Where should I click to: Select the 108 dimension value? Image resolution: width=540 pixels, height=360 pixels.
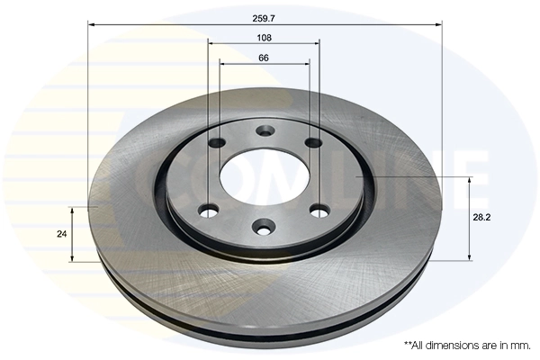coord(265,38)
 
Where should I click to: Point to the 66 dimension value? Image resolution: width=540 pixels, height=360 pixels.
coord(265,58)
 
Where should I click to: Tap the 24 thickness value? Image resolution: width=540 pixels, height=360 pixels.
coord(61,234)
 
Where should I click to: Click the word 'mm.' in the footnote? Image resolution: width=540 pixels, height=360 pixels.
coord(521,345)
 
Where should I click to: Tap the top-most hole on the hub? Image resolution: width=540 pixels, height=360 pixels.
coord(265,131)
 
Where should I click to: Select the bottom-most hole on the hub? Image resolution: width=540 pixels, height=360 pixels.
coord(263,226)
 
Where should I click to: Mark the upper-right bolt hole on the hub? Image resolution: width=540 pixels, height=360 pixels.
coord(312,142)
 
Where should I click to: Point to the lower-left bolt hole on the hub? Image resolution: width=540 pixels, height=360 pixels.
coord(209,211)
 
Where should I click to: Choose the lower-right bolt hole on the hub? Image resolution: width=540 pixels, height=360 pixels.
coord(319,210)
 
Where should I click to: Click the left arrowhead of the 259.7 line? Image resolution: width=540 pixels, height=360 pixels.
coord(91,25)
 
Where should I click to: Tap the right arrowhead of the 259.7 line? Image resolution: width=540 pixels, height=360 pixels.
coord(440,25)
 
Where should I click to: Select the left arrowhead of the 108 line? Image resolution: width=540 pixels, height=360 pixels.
coord(210,45)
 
